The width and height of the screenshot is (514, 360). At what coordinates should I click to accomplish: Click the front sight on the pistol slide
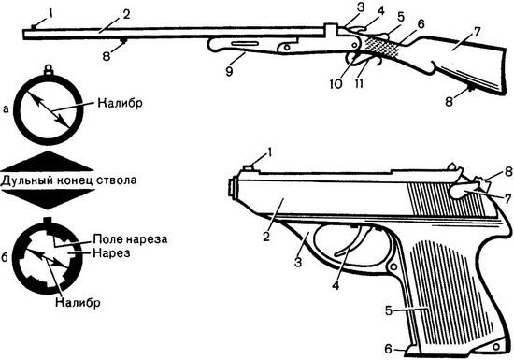pos(250,168)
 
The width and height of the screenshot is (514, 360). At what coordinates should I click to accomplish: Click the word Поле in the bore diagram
pos(112,239)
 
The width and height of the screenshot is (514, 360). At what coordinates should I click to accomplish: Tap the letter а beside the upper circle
pos(7,108)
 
